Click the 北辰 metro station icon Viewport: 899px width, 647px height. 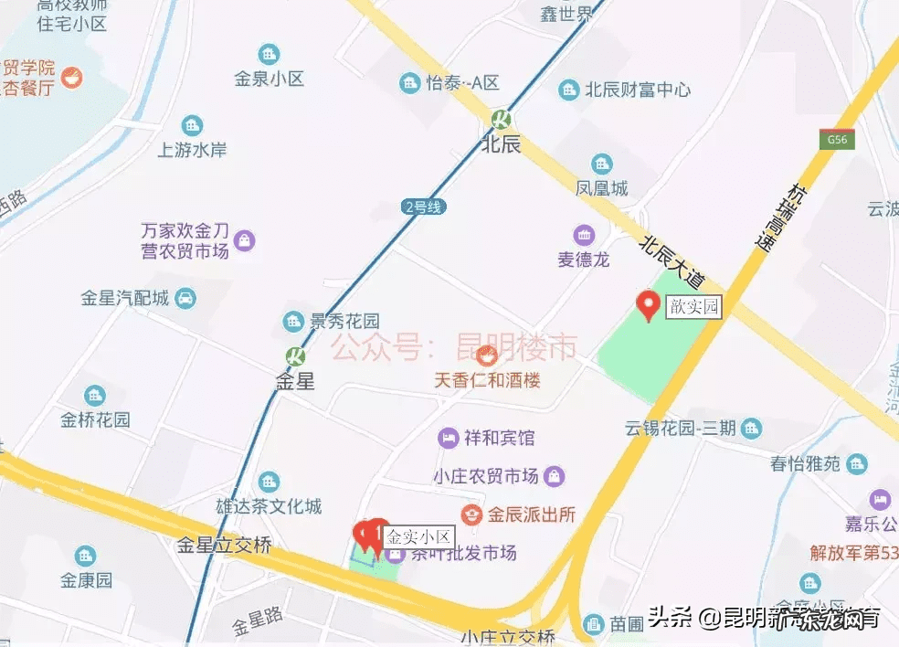501,118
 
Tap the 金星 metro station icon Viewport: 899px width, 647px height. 294,355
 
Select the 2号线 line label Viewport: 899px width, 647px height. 423,207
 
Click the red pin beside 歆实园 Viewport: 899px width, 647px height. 649,305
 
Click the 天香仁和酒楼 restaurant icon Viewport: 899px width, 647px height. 486,354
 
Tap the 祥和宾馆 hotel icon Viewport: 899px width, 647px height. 449,438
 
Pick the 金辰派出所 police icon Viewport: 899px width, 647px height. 471,514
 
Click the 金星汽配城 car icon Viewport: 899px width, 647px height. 185,298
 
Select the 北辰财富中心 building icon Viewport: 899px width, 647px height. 569,89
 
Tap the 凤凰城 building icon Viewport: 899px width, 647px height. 602,164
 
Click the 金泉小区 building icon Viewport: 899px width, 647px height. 269,55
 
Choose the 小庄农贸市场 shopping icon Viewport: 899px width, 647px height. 554,476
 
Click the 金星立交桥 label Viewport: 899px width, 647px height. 225,546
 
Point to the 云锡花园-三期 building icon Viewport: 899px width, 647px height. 751,427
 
